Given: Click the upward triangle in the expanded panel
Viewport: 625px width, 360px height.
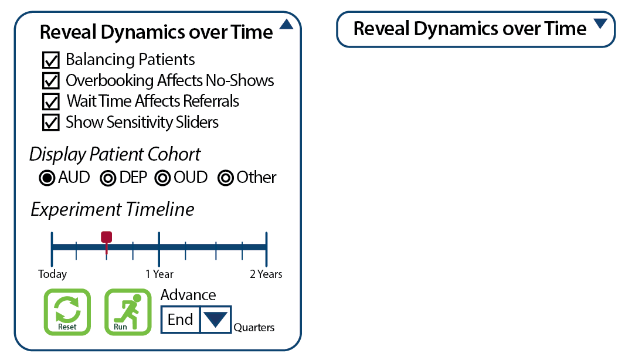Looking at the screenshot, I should pos(286,25).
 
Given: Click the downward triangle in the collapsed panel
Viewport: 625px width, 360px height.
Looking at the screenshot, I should pos(600,24).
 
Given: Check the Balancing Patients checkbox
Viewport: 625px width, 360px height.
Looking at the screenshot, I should pos(51,60).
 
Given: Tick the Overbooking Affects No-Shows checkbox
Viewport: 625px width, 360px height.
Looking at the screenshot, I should pos(51,81).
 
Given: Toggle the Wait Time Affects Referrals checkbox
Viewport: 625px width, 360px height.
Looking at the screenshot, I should pos(51,101).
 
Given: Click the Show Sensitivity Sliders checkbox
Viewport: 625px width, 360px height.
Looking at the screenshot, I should pos(51,123).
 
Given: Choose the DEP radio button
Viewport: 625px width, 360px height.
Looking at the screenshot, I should pos(108,178).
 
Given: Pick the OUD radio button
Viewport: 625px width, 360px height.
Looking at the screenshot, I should pos(163,178).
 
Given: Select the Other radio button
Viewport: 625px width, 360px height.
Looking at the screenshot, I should pos(226,178).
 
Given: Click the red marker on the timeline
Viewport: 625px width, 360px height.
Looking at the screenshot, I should pos(106,237).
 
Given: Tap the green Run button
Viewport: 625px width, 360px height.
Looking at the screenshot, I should pos(127,312).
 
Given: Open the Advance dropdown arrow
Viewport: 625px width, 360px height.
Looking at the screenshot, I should pos(215,320).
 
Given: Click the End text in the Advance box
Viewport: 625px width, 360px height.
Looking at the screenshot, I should pos(180,320).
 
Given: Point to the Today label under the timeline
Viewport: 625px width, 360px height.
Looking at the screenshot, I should pos(53,274).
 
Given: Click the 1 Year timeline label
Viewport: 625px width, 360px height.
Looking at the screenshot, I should pos(159,274).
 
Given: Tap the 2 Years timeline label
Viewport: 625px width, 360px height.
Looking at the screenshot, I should pos(266,274).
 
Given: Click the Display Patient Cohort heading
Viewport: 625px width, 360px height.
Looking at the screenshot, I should pos(115,154).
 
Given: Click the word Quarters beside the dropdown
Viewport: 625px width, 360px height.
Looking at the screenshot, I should pos(254,328).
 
